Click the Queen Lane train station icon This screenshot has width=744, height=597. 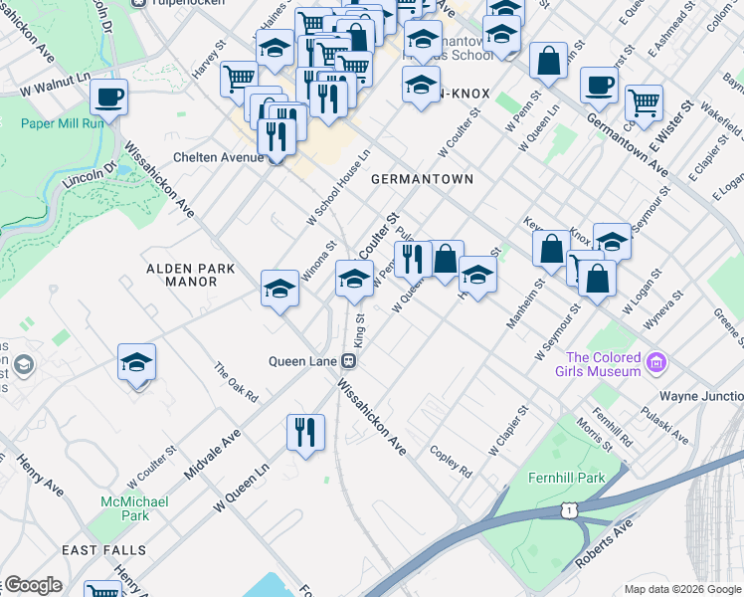tap(349, 360)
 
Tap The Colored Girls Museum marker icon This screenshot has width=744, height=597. tap(654, 363)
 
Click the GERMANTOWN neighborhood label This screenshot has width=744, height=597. tap(421, 179)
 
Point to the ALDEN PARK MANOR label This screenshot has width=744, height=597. tap(190, 275)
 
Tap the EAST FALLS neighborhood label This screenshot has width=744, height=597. tap(103, 550)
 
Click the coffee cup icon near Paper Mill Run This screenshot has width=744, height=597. tap(109, 98)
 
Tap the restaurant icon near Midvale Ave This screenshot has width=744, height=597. tap(305, 432)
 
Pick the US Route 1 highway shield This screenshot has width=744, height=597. tap(568, 509)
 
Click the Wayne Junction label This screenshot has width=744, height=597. tap(701, 396)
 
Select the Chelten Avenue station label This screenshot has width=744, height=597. tap(216, 157)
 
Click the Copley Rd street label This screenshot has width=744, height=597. tap(450, 460)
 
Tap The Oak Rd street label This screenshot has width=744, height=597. tap(237, 382)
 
